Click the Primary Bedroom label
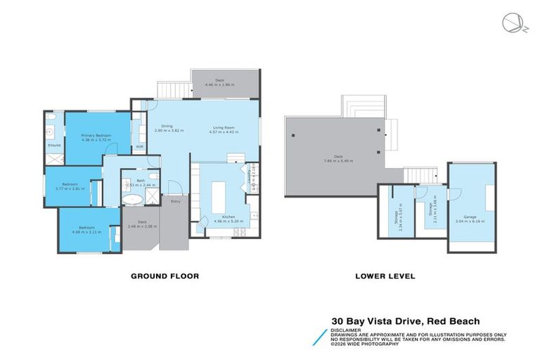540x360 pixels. point(97,136)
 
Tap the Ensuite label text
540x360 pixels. point(54,145)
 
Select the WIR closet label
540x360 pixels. point(139,146)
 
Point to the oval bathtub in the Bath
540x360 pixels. point(132,200)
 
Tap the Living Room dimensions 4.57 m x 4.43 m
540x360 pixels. point(224,131)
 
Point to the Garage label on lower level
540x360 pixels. point(470,217)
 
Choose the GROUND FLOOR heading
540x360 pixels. point(165,276)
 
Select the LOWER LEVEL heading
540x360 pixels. point(386,276)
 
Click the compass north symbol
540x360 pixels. point(512,23)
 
